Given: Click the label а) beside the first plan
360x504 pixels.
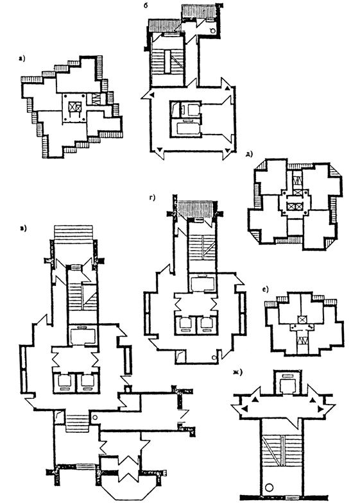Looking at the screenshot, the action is (x=22, y=58).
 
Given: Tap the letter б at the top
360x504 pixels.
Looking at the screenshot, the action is (x=146, y=6).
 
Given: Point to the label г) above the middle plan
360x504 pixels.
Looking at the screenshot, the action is (x=152, y=197).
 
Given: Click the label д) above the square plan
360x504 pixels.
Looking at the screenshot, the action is (x=249, y=154).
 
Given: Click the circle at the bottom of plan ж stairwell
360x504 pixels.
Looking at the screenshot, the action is (x=270, y=486).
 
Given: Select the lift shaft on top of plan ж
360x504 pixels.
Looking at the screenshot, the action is (x=287, y=382).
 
